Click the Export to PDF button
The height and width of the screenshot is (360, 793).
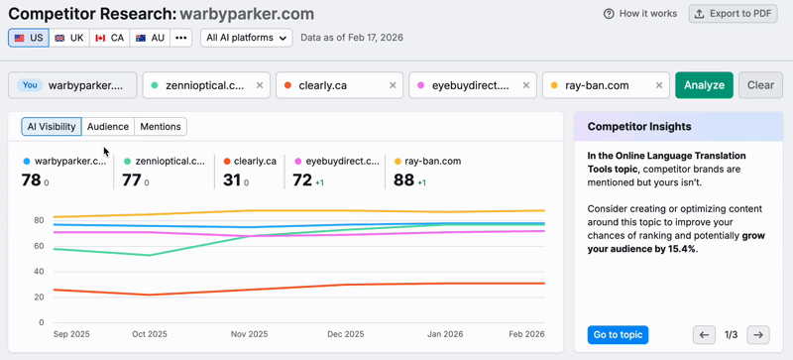tap(734, 14)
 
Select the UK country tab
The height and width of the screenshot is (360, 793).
tap(68, 38)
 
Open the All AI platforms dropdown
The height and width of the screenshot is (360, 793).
tap(246, 38)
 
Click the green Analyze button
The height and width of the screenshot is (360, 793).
tap(704, 85)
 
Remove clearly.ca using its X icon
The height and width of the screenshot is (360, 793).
tap(393, 85)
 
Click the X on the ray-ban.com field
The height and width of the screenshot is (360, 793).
tap(659, 85)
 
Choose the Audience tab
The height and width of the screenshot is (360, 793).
tap(108, 127)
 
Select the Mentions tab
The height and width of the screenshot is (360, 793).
tap(161, 127)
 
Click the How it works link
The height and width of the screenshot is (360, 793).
tap(640, 14)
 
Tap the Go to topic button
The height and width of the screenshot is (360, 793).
tap(618, 334)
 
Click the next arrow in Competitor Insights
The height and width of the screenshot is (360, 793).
tap(757, 335)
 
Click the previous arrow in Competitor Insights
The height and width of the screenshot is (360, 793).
tap(704, 335)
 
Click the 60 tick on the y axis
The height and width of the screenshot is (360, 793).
tap(39, 246)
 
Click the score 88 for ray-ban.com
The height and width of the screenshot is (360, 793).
tap(403, 180)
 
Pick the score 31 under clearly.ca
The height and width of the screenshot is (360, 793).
tap(232, 180)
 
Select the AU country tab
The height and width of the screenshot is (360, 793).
tap(151, 38)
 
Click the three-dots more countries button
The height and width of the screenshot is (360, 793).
tap(180, 38)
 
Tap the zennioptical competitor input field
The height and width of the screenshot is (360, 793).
tap(198, 85)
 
